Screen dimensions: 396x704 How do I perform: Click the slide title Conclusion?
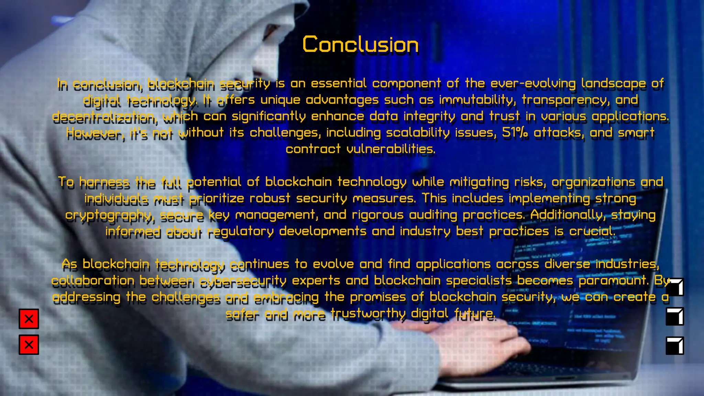[360, 45]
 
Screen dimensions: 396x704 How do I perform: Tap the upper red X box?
[29, 319]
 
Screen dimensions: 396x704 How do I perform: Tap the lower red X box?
[29, 344]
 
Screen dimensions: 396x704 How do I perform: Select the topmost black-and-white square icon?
[675, 287]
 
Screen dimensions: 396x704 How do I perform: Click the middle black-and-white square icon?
[675, 316]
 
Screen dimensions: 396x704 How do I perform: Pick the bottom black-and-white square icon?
[675, 345]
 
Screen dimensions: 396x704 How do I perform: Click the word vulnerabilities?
[390, 149]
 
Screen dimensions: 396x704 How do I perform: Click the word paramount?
[613, 280]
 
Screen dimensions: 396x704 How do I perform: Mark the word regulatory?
[240, 231]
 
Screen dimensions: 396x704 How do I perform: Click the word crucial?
[592, 231]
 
